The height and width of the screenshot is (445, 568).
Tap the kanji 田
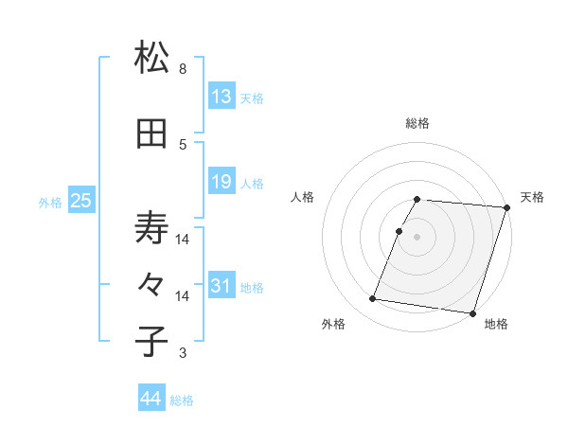(152, 133)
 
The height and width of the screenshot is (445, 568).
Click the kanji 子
(152, 341)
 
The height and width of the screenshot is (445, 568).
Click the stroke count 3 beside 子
(183, 353)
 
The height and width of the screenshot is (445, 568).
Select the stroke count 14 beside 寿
(183, 240)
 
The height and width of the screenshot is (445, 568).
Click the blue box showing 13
(221, 97)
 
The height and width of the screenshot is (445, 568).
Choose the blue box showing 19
(221, 182)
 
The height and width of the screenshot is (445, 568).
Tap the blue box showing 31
(221, 286)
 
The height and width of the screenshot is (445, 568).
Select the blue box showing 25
(80, 200)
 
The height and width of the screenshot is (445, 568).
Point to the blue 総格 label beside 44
(183, 400)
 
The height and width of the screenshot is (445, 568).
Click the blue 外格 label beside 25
(50, 201)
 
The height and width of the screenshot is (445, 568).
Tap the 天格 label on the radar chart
(532, 197)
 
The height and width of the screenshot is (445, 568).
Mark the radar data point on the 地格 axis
(471, 312)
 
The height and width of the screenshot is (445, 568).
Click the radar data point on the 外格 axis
(373, 299)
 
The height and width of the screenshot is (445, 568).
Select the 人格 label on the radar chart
(303, 197)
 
